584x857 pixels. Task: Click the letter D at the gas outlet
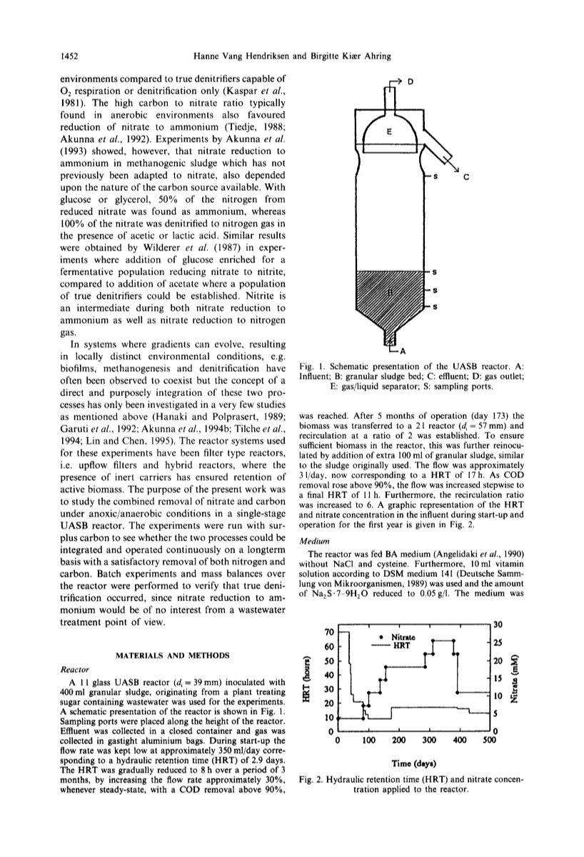coord(411,81)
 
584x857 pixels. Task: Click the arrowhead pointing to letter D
coord(402,82)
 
